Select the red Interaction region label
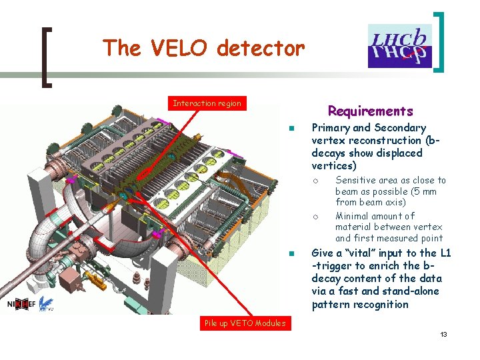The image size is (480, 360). pyautogui.click(x=207, y=103)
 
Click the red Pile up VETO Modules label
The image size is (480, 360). pyautogui.click(x=245, y=323)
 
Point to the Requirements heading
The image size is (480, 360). pyautogui.click(x=370, y=111)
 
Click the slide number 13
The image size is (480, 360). pyautogui.click(x=443, y=334)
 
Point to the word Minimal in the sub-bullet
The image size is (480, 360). pyautogui.click(x=354, y=216)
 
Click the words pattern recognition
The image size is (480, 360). pyautogui.click(x=360, y=305)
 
